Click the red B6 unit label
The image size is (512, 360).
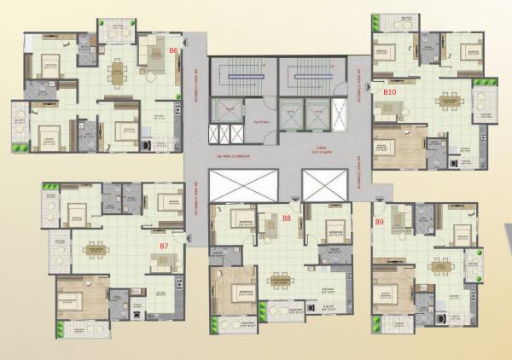coord(173,50)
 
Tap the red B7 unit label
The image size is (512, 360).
coord(164,246)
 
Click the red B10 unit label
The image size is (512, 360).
coord(391,90)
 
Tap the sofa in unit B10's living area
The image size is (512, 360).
coord(393,107)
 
